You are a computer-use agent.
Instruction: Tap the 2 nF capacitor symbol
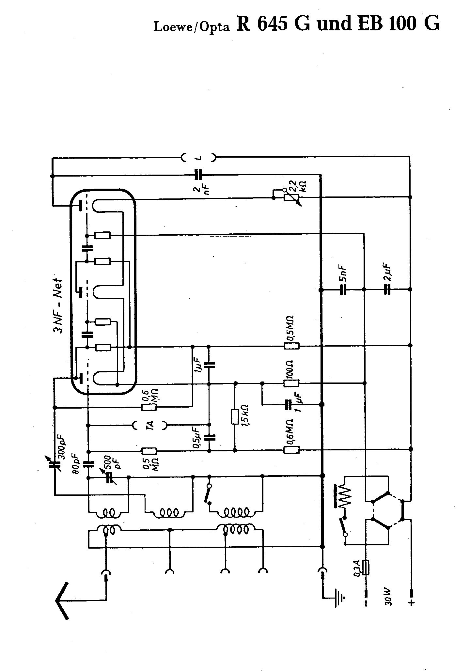pyautogui.click(x=198, y=175)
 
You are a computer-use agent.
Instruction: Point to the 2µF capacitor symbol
pyautogui.click(x=387, y=289)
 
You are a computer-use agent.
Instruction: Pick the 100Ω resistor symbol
pyautogui.click(x=291, y=383)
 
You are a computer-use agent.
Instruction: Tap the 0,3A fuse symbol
pyautogui.click(x=366, y=568)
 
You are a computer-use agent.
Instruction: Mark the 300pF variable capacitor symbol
pyautogui.click(x=55, y=464)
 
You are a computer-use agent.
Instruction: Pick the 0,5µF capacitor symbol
pyautogui.click(x=209, y=438)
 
